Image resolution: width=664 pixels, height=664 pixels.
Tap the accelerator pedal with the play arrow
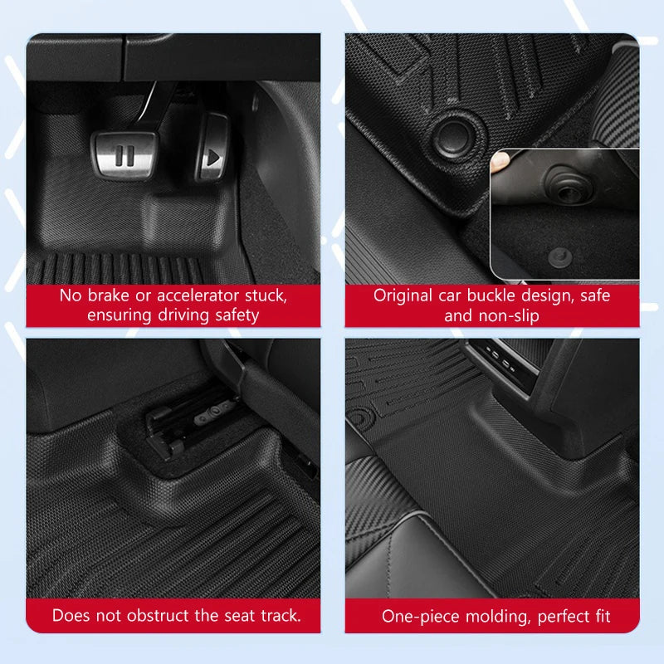(x=212, y=154)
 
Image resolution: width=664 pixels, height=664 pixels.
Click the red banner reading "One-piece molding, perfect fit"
(x=492, y=616)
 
